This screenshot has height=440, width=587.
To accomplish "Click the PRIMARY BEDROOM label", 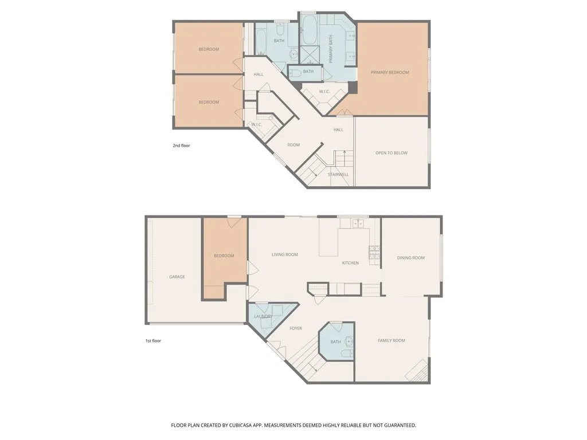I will click(x=390, y=72).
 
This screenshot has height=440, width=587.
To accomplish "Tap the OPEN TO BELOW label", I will click(x=392, y=153).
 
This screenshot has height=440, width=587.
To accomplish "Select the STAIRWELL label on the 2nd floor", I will click(x=338, y=174).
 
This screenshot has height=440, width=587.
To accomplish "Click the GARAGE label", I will click(x=177, y=277).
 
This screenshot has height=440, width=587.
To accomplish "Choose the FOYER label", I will click(x=295, y=328).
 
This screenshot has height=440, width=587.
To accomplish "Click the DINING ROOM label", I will click(x=410, y=258).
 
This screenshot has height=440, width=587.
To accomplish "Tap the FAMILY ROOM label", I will click(x=391, y=340).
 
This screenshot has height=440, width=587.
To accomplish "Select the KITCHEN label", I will click(x=350, y=263).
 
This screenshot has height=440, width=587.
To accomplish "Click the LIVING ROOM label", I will click(x=284, y=254).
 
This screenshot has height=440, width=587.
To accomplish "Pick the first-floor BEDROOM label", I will click(x=224, y=256).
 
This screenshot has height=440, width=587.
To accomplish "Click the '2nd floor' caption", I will click(x=181, y=146).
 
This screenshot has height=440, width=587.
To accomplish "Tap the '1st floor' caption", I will click(x=153, y=341).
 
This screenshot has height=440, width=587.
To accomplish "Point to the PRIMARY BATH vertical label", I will click(x=331, y=48).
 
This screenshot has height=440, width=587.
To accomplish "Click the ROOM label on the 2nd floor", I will click(x=293, y=145).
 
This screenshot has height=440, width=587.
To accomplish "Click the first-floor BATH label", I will click(x=335, y=342).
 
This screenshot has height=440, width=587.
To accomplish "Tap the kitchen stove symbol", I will click(x=374, y=250).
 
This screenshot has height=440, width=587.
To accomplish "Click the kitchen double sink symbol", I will click(x=359, y=223).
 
